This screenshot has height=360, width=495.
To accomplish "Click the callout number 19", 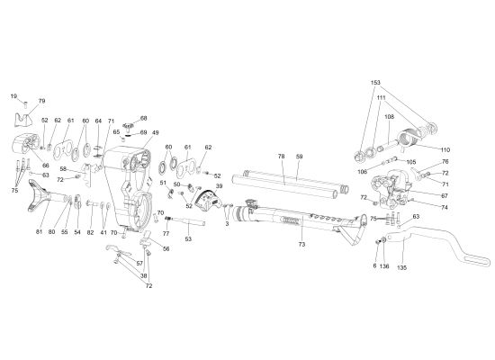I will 14,95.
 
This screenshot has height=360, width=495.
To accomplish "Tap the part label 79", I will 41,101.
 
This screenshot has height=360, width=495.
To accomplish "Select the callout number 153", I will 375,83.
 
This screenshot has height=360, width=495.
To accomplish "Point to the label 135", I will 401,267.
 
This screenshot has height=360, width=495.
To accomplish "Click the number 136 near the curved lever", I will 384,267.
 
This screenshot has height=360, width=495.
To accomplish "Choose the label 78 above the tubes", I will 281,157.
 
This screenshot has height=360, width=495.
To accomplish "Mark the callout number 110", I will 444,148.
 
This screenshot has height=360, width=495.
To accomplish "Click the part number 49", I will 155,134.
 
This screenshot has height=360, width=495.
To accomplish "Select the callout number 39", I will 219,186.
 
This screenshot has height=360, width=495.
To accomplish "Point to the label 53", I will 188,239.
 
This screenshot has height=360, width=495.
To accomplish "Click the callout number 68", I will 143,118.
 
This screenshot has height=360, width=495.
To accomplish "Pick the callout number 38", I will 144,275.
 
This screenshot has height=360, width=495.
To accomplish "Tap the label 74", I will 444,207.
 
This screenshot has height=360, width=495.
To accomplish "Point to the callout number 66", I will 46,166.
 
